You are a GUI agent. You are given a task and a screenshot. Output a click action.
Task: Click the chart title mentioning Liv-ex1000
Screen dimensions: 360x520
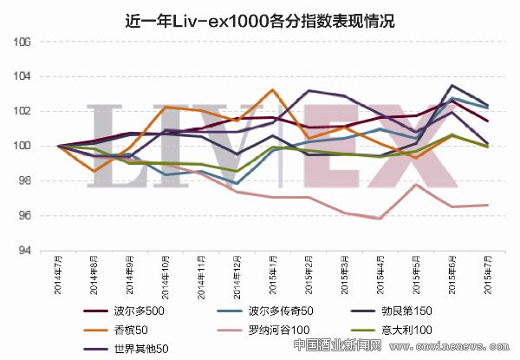[x=260, y=20]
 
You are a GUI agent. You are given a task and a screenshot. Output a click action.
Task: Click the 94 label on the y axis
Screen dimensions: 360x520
[x=26, y=251]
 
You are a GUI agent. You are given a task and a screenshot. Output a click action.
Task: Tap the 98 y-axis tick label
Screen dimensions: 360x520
[x=26, y=181]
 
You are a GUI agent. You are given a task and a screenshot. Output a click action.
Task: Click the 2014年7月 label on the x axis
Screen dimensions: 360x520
[x=58, y=274]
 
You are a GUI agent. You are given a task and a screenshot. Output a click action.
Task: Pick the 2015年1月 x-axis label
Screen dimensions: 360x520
[x=273, y=274]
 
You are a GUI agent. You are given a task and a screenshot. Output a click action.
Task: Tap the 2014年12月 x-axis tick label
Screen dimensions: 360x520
[x=237, y=276]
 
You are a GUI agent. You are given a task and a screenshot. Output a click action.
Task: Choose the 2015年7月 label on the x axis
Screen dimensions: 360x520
[x=488, y=274]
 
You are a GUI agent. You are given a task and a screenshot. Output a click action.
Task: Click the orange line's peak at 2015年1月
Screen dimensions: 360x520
[x=273, y=89]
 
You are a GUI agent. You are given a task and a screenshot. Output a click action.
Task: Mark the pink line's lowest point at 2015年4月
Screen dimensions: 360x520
[x=380, y=219]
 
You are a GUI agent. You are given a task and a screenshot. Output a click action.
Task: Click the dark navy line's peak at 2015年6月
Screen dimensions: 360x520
[x=452, y=85]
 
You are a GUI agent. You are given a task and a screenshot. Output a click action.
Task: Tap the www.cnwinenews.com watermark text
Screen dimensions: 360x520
[x=451, y=346]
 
